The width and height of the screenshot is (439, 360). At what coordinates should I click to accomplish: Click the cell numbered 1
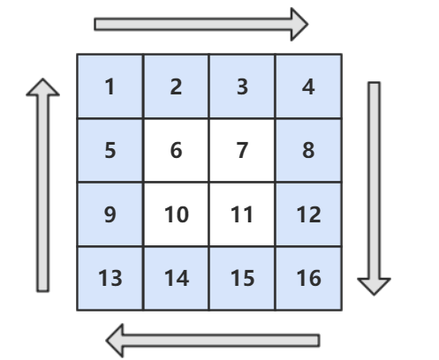[110, 86]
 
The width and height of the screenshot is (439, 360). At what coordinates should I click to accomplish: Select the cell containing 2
[176, 86]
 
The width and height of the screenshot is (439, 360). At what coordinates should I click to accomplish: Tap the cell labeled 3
[242, 86]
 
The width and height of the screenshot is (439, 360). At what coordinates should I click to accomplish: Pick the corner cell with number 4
[308, 86]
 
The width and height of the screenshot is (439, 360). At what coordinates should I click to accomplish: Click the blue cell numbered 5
[110, 150]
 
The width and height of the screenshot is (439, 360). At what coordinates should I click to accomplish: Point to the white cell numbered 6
[176, 150]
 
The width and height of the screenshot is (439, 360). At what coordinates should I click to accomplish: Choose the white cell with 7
[242, 150]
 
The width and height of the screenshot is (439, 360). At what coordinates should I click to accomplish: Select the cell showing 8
[308, 150]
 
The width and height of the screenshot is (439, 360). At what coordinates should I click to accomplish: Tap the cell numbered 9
[110, 214]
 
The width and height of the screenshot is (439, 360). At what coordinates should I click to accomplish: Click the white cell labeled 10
[176, 214]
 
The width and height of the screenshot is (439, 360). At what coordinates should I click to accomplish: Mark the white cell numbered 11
[242, 214]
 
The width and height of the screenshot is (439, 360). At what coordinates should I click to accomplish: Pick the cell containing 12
[308, 214]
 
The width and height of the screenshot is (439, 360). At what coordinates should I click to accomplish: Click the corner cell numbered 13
[110, 278]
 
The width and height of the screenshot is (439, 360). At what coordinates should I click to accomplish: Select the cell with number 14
[176, 278]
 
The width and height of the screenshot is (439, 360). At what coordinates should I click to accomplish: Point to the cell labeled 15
[242, 278]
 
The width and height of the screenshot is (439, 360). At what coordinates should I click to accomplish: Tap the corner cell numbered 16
[308, 278]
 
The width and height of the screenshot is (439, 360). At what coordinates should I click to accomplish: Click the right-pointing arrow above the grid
[201, 24]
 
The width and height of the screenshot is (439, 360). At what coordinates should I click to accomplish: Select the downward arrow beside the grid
[374, 188]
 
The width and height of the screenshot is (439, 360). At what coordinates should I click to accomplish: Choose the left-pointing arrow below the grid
[213, 341]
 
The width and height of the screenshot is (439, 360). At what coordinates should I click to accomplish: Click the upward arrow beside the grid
[43, 185]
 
